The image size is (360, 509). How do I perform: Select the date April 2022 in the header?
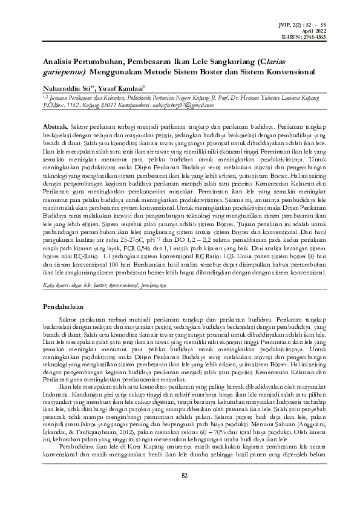pos(315,30)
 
